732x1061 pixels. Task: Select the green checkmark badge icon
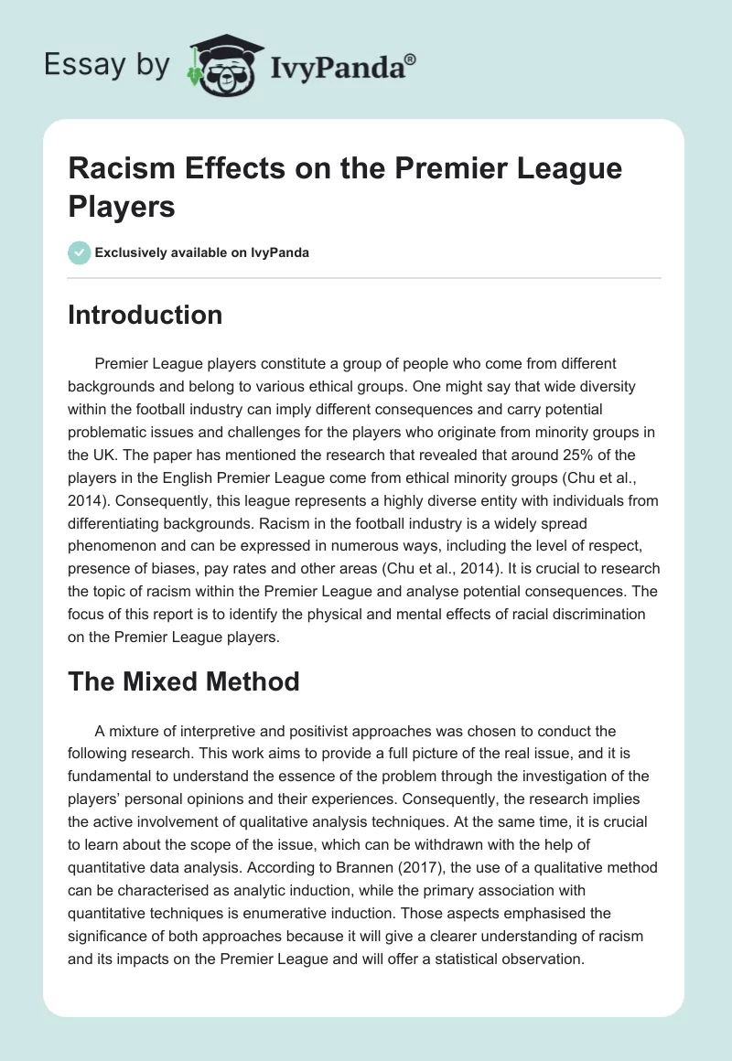point(80,252)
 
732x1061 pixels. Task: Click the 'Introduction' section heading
point(145,315)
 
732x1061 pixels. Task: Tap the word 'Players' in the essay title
point(122,207)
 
